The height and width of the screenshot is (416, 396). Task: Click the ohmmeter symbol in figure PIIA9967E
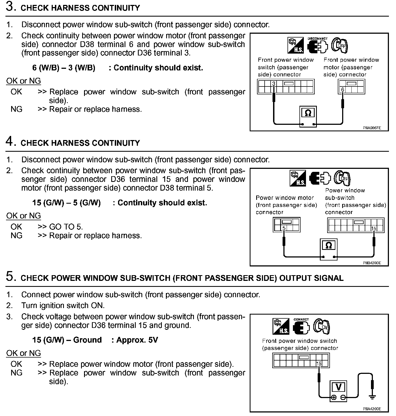click(x=308, y=113)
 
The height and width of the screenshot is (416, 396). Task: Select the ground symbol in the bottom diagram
click(x=372, y=397)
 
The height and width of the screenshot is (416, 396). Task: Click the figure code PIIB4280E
click(x=372, y=263)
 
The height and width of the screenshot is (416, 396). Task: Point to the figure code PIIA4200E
click(x=372, y=409)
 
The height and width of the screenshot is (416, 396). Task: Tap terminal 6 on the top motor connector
click(x=343, y=89)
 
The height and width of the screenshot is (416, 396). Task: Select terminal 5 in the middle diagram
click(x=284, y=228)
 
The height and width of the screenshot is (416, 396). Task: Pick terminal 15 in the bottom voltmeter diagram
click(x=319, y=364)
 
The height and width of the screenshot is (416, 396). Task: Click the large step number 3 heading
click(x=10, y=7)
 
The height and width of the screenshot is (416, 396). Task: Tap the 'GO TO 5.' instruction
click(x=66, y=227)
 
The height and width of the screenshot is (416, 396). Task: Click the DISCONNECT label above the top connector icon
click(x=317, y=39)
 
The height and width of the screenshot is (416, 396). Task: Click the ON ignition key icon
click(x=321, y=326)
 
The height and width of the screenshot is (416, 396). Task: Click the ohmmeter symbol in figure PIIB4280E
click(x=329, y=246)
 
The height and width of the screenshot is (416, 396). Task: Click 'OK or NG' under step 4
click(x=23, y=216)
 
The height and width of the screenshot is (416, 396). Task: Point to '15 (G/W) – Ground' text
click(x=67, y=340)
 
